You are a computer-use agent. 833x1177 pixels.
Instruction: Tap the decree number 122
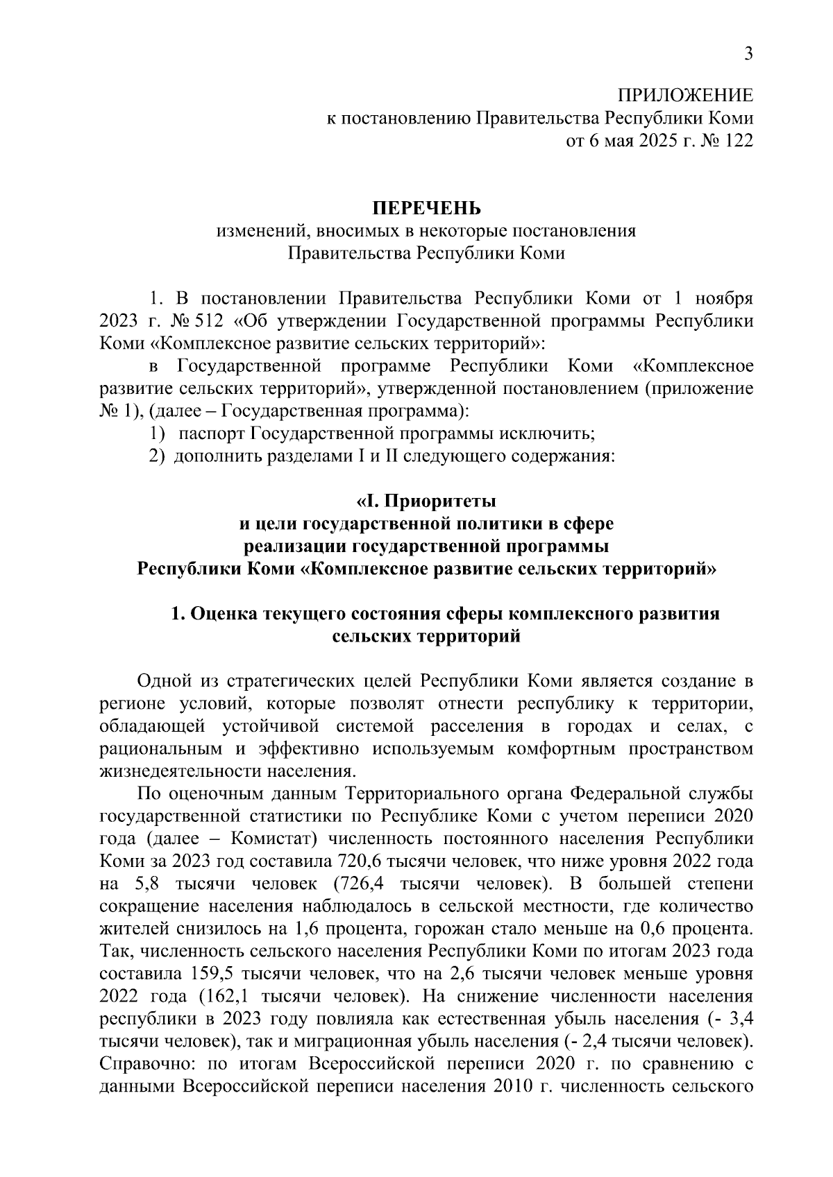click(x=737, y=141)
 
